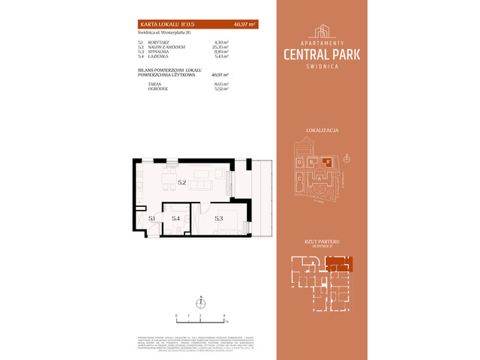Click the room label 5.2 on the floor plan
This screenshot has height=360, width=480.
tap(181, 182)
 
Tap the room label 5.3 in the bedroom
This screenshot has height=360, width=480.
tap(218, 218)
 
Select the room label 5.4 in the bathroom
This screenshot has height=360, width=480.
tap(175, 218)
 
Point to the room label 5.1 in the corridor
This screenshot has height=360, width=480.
tap(151, 218)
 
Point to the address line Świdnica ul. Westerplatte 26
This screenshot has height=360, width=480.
tap(163, 32)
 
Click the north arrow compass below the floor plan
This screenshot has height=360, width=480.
tap(200, 303)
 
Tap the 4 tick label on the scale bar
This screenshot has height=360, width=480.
tap(224, 315)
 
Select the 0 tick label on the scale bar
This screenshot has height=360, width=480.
tap(176, 315)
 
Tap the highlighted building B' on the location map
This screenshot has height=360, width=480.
tap(326, 160)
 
